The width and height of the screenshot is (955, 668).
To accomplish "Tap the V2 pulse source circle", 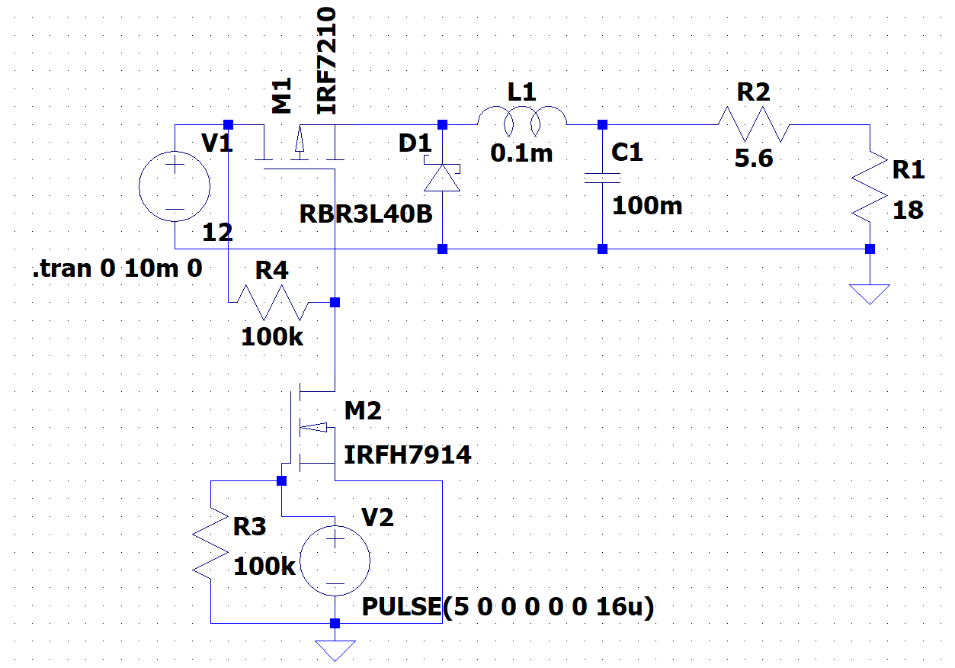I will pos(335,561).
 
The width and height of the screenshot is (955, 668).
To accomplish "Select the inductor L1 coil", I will pos(522,118).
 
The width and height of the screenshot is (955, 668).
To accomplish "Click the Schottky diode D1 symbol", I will pos(443,178).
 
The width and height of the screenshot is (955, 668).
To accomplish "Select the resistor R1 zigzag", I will pos(870,187).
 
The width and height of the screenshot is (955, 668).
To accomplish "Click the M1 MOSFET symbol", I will pos(300,149).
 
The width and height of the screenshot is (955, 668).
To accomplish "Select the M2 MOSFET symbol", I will pos(309,427).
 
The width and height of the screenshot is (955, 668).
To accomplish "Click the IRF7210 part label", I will pos(326,61).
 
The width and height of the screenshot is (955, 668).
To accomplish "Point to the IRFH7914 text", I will pos(408,455).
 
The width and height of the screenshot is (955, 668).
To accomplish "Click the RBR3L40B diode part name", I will pos(367,214).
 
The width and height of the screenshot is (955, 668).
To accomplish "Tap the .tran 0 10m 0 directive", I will pos(117,268).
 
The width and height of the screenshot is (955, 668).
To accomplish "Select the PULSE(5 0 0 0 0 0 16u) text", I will pos(508,608).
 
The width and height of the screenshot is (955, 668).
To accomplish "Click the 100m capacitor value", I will pos(648,205).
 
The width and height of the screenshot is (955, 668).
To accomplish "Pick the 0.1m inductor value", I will pos(521,154).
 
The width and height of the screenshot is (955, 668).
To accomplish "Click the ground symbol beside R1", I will pos(870,294).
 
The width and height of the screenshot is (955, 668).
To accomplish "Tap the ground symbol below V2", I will pos(335,650).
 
